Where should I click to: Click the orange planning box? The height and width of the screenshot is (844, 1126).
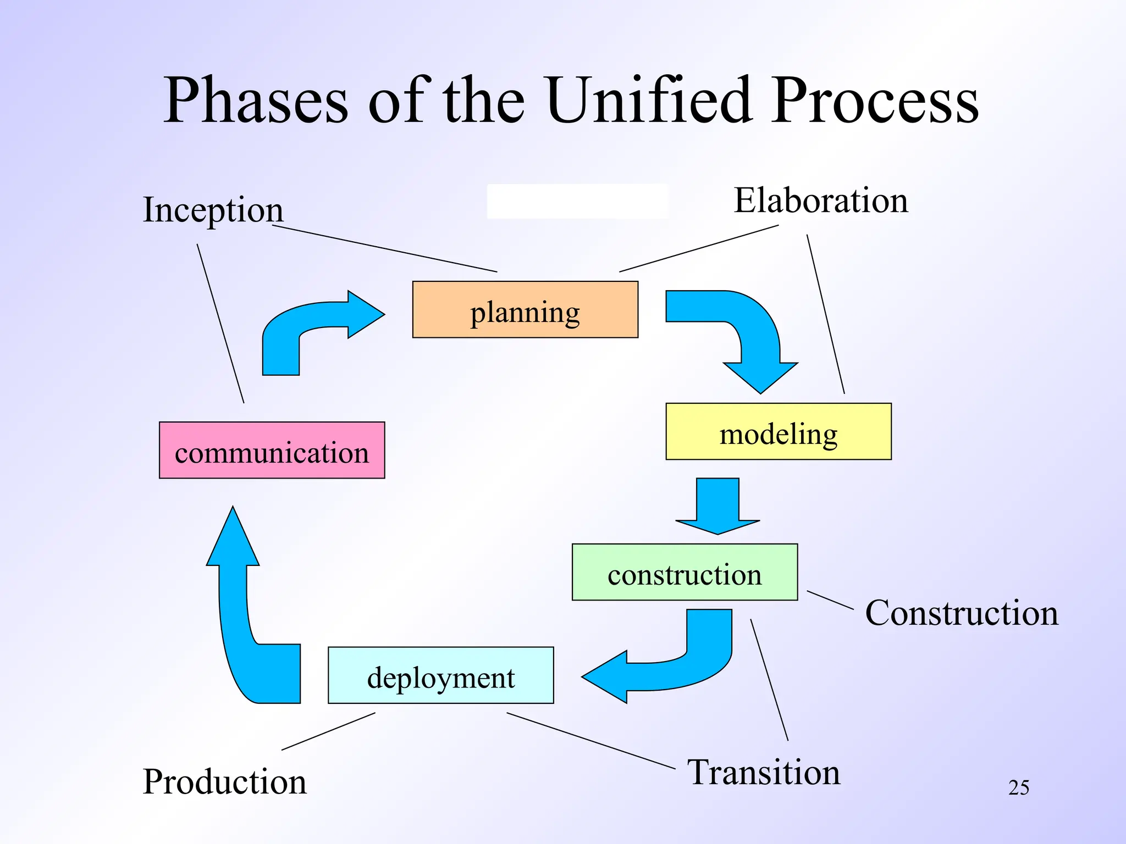(525, 309)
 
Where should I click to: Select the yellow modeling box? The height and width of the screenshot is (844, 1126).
(778, 431)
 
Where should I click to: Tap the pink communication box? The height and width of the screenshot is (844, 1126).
(272, 450)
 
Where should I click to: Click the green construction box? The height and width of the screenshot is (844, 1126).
(685, 572)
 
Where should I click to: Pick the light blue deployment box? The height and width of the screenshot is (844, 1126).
(440, 675)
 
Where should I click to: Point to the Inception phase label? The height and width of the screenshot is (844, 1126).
(213, 210)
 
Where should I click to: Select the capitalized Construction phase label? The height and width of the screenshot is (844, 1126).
(961, 613)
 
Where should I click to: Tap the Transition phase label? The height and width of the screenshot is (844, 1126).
(764, 772)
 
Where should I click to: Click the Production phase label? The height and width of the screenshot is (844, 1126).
(224, 781)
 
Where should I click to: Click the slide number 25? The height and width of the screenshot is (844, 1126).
(1018, 787)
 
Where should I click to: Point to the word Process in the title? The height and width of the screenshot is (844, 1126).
(874, 101)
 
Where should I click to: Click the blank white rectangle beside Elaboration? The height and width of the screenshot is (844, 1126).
(577, 201)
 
